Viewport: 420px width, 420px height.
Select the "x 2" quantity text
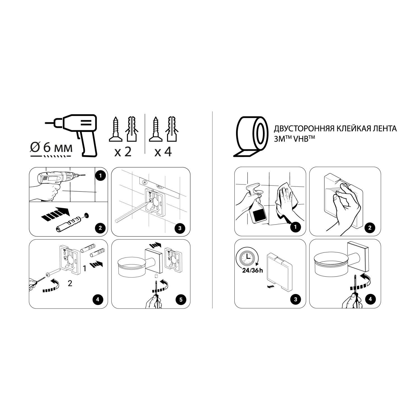coord(123,152)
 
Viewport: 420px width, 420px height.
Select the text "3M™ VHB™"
coord(292,138)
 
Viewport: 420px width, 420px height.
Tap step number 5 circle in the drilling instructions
coord(181,300)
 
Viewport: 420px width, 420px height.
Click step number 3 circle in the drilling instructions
coord(180,228)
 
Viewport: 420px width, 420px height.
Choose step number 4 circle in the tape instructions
coord(370,299)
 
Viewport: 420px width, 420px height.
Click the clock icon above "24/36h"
coord(246,257)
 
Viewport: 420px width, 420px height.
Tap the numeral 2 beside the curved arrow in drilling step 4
coord(70,283)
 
